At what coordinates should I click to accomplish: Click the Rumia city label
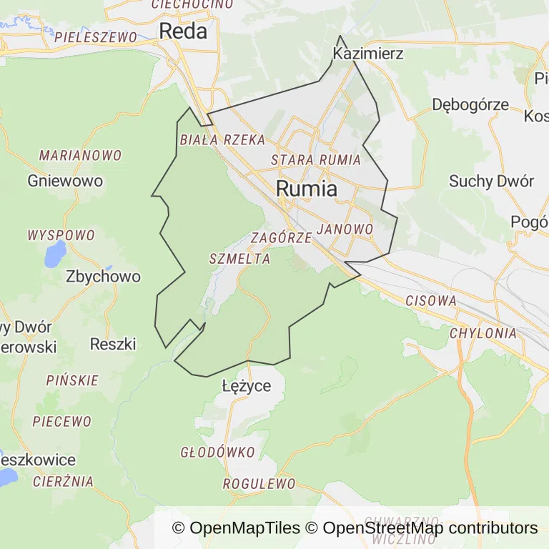point(307,189)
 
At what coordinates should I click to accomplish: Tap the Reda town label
point(183,31)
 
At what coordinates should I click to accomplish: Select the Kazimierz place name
point(368,54)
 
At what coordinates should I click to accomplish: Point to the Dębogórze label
point(470,104)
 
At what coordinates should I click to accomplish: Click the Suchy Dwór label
point(491,181)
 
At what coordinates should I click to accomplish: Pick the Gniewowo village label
point(65,181)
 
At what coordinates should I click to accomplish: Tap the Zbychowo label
point(103,277)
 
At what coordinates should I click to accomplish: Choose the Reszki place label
point(113,344)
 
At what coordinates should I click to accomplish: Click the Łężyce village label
point(247,387)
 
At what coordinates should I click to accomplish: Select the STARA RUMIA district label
point(316,160)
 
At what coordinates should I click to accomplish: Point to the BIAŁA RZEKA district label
point(222,140)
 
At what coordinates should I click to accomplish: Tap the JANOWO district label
point(345,229)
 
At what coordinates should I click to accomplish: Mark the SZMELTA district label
point(240,259)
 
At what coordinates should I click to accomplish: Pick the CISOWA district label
point(430,301)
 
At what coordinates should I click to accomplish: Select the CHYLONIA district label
point(483,333)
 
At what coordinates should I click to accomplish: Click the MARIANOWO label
point(80,155)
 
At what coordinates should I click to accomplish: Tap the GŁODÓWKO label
point(217,452)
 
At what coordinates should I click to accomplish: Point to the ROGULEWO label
point(259,484)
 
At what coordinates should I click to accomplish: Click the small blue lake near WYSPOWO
point(54,253)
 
